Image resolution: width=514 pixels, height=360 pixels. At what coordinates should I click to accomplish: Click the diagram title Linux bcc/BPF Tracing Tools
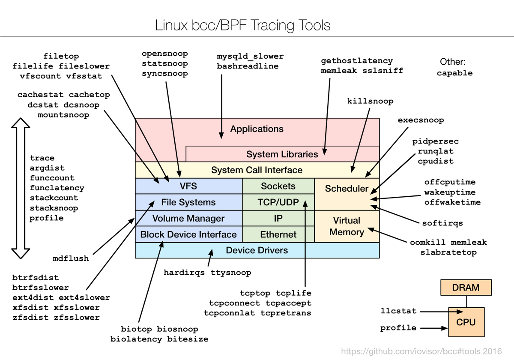click(243, 25)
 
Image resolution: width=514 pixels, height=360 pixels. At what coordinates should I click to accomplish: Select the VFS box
click(188, 186)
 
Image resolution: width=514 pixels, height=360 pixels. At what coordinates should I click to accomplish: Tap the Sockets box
click(278, 186)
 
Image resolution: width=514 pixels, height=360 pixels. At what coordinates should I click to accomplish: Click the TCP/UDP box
click(278, 202)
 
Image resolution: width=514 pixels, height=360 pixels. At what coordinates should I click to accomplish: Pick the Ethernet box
click(278, 234)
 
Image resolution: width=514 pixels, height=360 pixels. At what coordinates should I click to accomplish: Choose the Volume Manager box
click(188, 218)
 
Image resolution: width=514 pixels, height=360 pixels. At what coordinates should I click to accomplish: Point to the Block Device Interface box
click(188, 234)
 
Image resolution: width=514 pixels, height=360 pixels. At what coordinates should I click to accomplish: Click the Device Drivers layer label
click(257, 250)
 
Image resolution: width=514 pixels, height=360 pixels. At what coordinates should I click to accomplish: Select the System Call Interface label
click(257, 170)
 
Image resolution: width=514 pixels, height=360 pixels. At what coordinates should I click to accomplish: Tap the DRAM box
click(466, 288)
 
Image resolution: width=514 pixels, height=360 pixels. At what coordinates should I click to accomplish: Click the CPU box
click(466, 322)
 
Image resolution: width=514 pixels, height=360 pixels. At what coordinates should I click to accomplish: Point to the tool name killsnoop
click(370, 102)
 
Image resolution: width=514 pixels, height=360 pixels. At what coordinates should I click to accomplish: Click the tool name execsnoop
click(421, 120)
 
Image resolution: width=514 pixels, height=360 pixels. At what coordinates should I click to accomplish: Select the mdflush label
click(71, 258)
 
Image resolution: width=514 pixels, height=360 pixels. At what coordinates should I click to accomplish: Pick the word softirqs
click(442, 223)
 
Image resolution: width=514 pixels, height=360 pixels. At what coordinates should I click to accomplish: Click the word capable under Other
click(454, 73)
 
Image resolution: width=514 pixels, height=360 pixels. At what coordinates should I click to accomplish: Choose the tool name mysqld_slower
click(250, 56)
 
